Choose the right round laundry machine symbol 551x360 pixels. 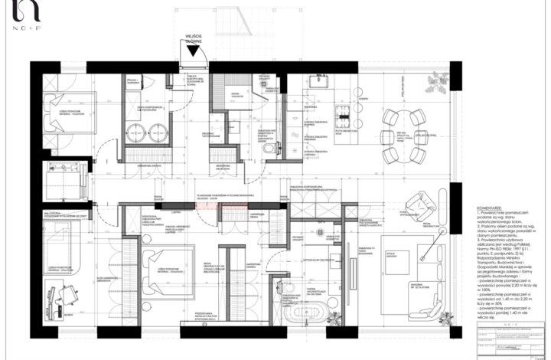click(x=159, y=130)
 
